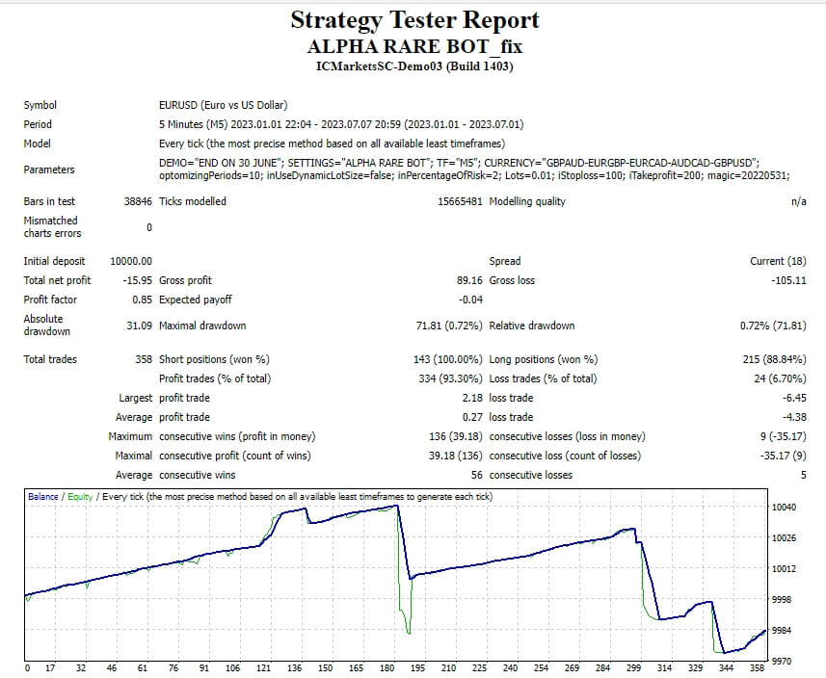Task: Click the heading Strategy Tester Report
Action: [414, 20]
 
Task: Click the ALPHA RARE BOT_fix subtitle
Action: [414, 46]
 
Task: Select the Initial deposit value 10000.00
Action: [131, 261]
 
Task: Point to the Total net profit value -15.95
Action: [136, 280]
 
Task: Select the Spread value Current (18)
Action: [778, 261]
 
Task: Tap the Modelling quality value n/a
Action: [798, 201]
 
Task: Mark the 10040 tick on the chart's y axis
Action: [785, 507]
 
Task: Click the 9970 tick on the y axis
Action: [782, 661]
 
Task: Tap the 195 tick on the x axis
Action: [417, 668]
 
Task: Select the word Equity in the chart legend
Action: [80, 496]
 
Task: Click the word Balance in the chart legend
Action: [43, 496]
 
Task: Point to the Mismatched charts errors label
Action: [52, 226]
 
